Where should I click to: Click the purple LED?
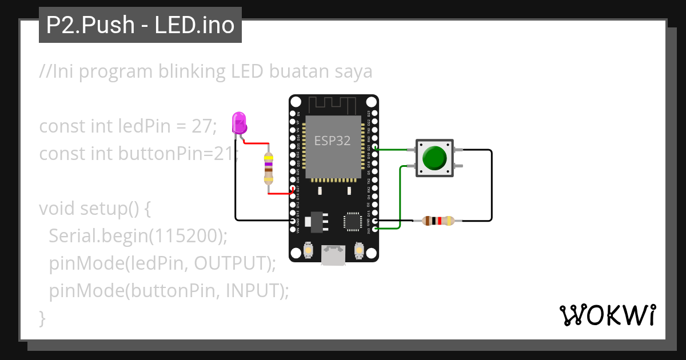tap(239, 123)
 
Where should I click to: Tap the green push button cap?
tap(435, 158)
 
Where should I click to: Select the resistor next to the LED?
tap(269, 169)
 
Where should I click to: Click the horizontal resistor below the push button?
tap(437, 221)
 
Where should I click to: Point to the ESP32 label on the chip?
tap(332, 141)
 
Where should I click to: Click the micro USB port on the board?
tap(333, 255)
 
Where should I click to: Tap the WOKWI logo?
tap(607, 315)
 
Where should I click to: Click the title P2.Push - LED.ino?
tap(140, 25)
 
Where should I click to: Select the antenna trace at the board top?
tap(333, 105)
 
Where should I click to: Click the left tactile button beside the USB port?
tap(308, 250)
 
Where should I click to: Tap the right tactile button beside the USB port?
tap(360, 250)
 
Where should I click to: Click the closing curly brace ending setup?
tap(42, 318)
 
